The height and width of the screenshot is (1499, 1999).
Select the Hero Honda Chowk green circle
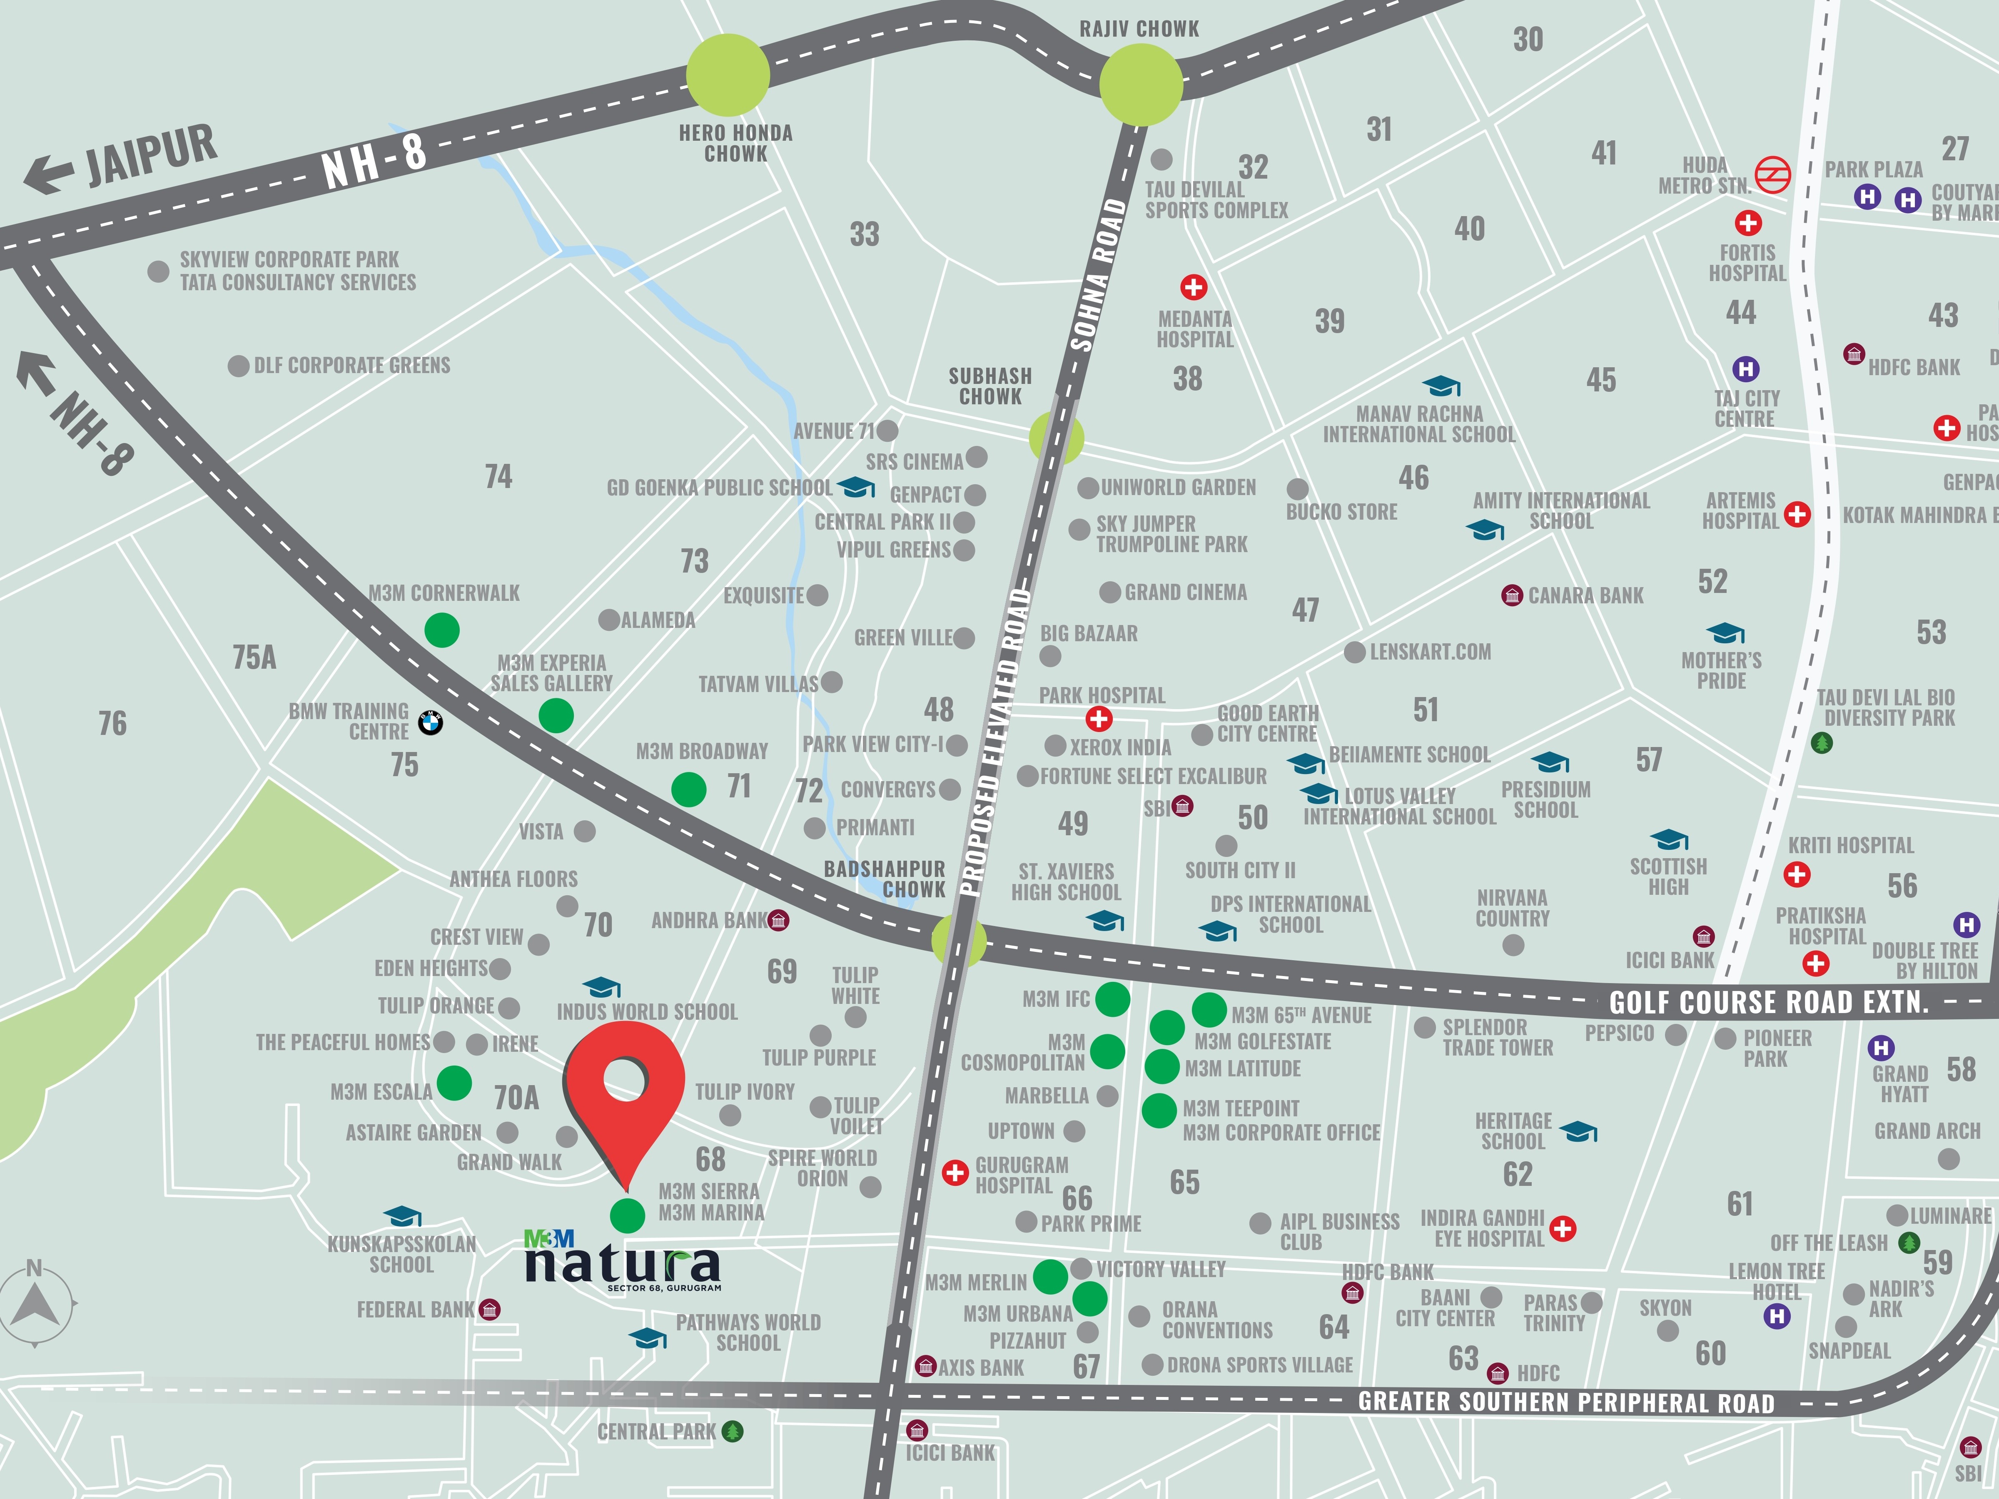(728, 75)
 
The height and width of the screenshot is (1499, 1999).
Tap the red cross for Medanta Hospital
(1194, 287)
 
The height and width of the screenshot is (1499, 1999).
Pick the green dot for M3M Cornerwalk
(442, 630)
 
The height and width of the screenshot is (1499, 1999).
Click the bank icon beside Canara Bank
(1512, 595)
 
